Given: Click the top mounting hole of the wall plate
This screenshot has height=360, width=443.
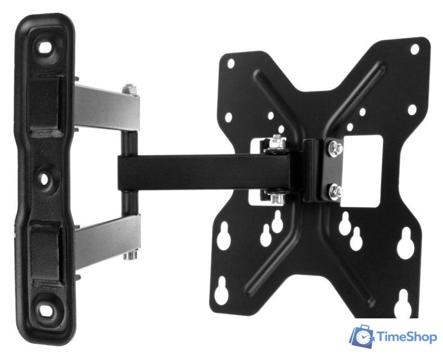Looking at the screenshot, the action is (44, 48).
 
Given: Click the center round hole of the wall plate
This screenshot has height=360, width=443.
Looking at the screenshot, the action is (43, 179).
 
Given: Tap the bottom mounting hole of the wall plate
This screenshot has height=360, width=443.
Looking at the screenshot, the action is (45, 310).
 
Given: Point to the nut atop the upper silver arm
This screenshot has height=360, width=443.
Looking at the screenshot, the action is (129, 89).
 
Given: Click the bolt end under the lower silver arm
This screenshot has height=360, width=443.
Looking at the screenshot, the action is (130, 255).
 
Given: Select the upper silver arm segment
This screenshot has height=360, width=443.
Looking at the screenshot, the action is (107, 108).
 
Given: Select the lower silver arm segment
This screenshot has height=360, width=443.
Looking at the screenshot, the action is (107, 240).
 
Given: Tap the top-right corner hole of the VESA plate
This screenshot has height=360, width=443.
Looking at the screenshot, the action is (415, 49).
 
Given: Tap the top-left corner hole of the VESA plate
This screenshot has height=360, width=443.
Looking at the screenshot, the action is (231, 64).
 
